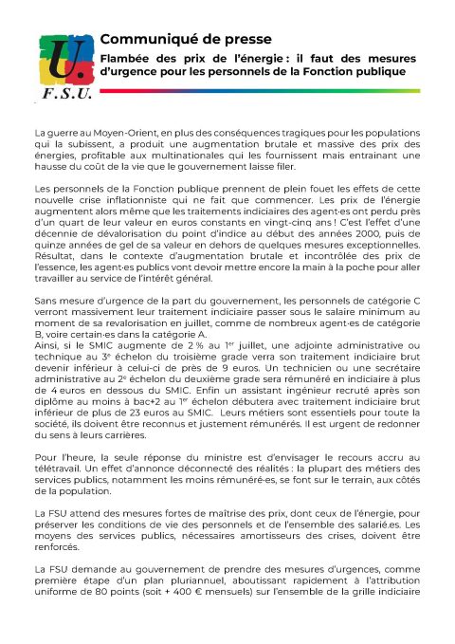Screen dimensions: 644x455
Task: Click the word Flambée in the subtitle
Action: coord(128,57)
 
